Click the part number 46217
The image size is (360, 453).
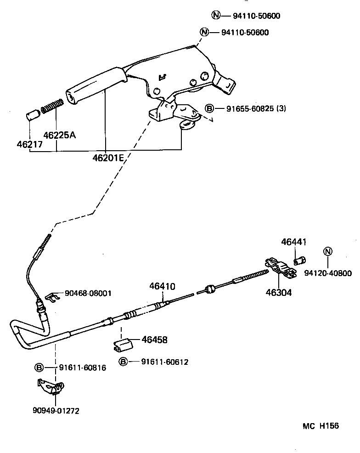pyautogui.click(x=29, y=144)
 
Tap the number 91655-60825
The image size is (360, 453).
pyautogui.click(x=250, y=109)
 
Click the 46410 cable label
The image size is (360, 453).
pyautogui.click(x=162, y=286)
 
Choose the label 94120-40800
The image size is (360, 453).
pyautogui.click(x=327, y=273)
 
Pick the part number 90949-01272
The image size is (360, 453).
pyautogui.click(x=56, y=411)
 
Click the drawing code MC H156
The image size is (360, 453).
pyautogui.click(x=320, y=426)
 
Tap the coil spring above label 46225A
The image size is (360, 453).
pyautogui.click(x=52, y=106)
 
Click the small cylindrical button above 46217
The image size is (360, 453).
pyautogui.click(x=31, y=114)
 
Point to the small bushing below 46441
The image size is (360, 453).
pyautogui.click(x=299, y=261)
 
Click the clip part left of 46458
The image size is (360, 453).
pyautogui.click(x=122, y=345)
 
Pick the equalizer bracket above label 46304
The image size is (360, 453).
pyautogui.click(x=280, y=268)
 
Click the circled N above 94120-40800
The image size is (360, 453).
pyautogui.click(x=327, y=251)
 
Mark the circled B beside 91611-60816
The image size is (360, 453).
pyautogui.click(x=39, y=367)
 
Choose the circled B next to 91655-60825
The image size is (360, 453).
pyautogui.click(x=209, y=109)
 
